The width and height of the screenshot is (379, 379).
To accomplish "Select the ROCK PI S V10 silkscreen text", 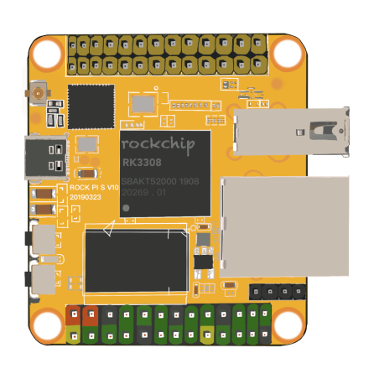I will pyautogui.click(x=94, y=187).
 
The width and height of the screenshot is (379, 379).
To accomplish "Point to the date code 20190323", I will pyautogui.click(x=86, y=197).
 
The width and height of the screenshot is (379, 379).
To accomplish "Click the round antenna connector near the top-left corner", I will pyautogui.click(x=39, y=92).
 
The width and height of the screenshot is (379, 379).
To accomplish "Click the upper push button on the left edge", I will pyautogui.click(x=44, y=239).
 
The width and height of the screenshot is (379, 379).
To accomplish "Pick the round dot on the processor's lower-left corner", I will pyautogui.click(x=127, y=206).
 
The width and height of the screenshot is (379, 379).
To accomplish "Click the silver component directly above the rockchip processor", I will pyautogui.click(x=143, y=103).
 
